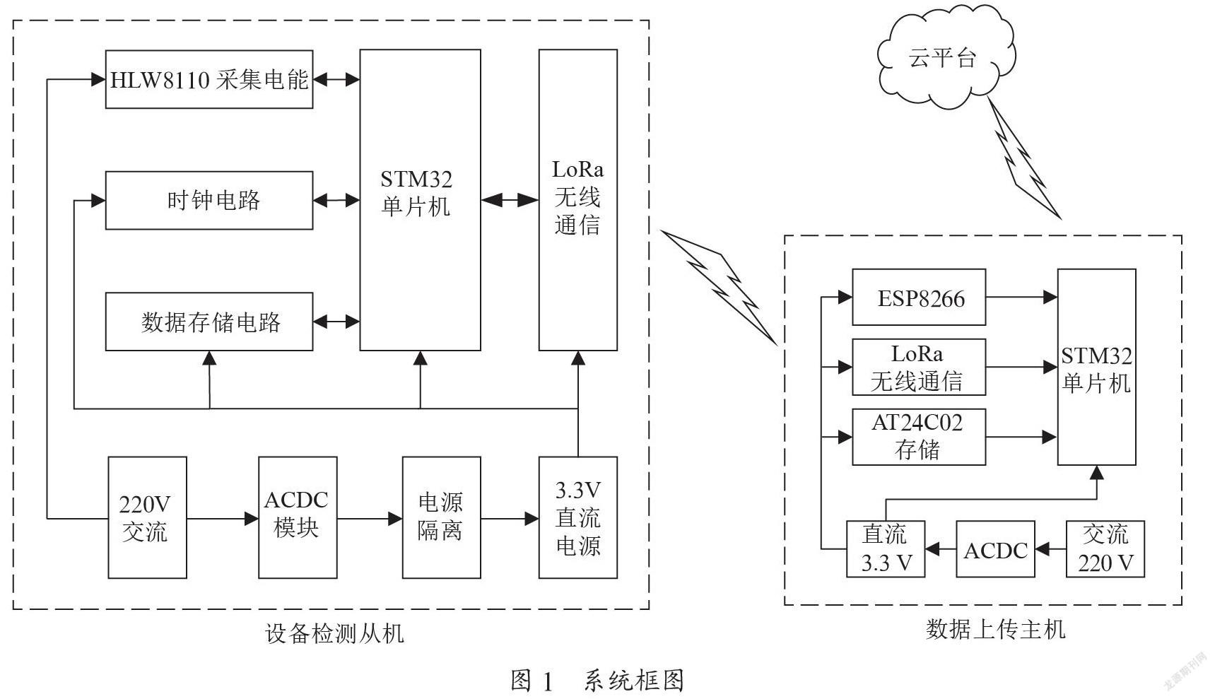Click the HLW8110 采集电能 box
(209, 79)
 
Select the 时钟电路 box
(209, 200)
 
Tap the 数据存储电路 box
(209, 322)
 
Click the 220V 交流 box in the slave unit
(147, 517)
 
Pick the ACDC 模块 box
(298, 517)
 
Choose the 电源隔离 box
(442, 517)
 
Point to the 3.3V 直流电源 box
(578, 517)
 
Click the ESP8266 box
(919, 297)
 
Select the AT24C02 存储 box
(919, 437)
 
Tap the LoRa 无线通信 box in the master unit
(919, 367)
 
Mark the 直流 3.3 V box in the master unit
(886, 549)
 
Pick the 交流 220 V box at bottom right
(1105, 549)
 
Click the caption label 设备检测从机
(334, 633)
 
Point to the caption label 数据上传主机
(995, 628)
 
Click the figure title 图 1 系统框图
(597, 680)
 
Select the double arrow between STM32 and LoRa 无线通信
(510, 200)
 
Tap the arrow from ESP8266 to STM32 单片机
(1022, 297)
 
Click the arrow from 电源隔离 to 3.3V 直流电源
(510, 519)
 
